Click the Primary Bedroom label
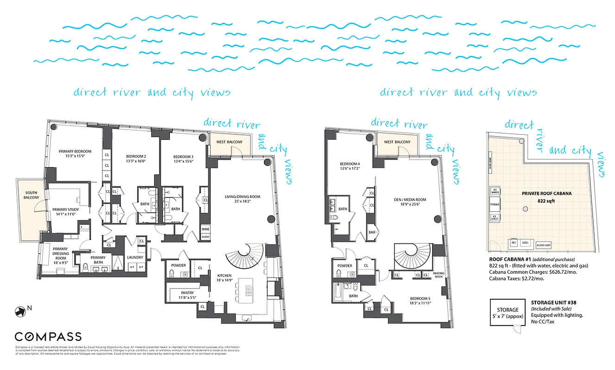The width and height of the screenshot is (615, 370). (x=75, y=151)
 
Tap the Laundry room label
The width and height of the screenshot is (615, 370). (x=135, y=258)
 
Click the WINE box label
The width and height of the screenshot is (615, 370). (x=206, y=229)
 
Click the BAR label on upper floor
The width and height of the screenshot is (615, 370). (x=371, y=232)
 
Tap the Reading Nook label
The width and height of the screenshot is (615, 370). (x=439, y=275)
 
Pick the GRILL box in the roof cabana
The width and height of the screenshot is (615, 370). (x=525, y=242)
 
